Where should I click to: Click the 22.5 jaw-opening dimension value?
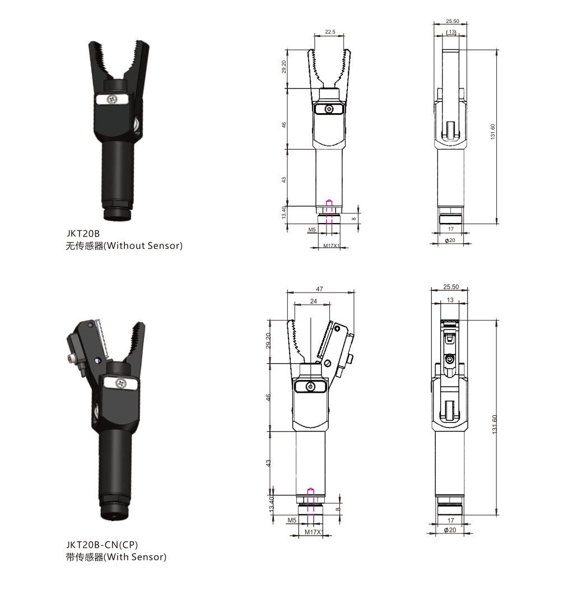(x=330, y=31)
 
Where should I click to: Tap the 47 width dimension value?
(x=319, y=289)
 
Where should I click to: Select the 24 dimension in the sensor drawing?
(x=314, y=301)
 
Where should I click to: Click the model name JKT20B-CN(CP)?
(x=102, y=545)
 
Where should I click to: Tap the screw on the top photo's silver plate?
(x=112, y=99)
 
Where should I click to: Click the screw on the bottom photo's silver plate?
(x=121, y=383)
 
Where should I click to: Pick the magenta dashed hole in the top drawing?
(x=329, y=212)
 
